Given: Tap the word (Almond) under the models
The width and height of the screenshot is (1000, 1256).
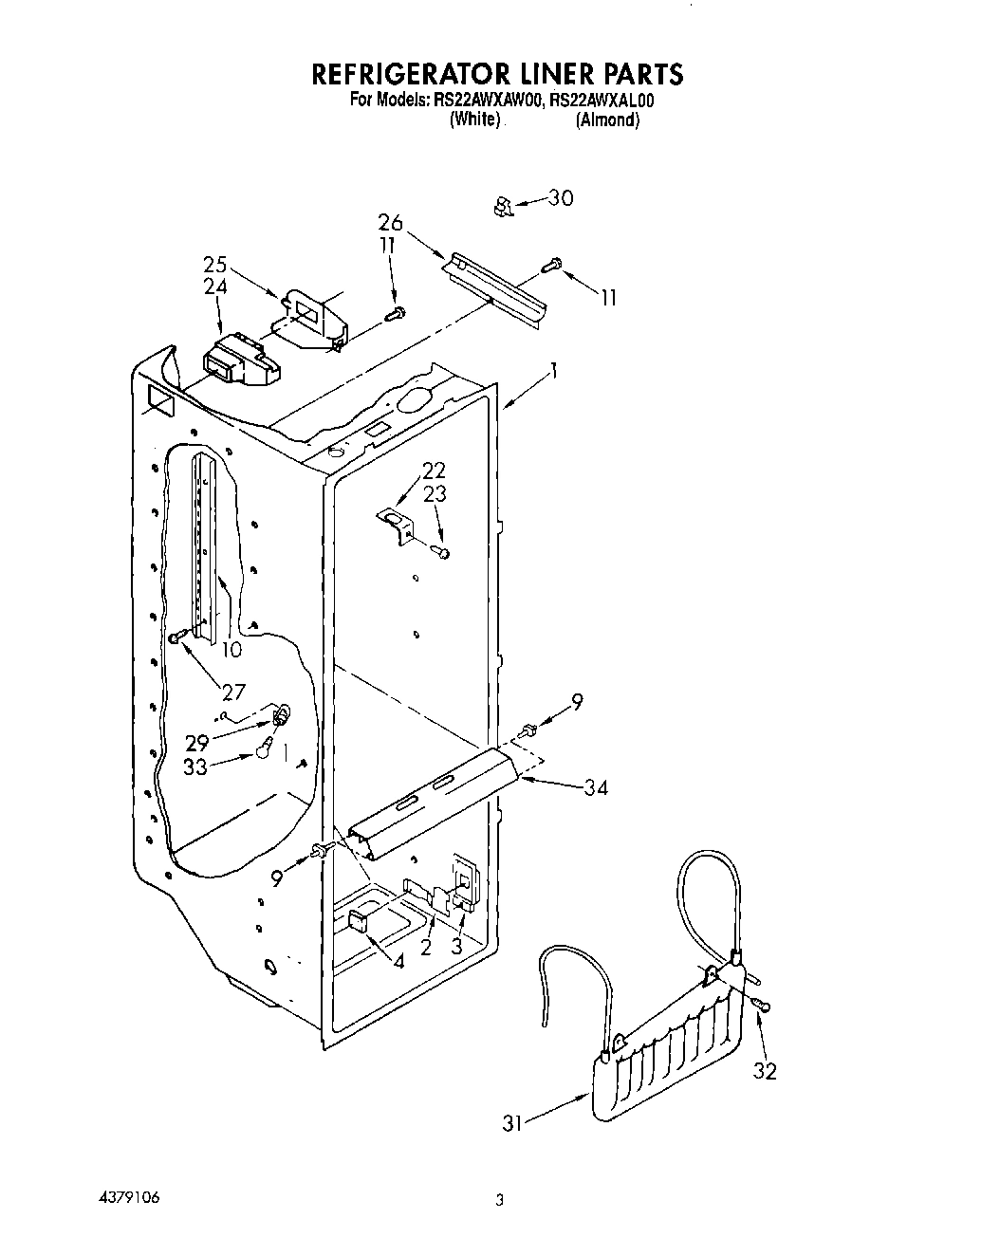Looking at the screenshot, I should (x=607, y=120).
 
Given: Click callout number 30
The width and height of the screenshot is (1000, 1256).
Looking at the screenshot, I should (x=561, y=198).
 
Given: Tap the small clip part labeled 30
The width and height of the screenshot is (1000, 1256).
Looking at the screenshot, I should (x=504, y=206).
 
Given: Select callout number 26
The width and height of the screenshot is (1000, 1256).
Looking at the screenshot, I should (x=390, y=224).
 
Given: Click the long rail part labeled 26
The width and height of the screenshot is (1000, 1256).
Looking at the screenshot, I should (x=496, y=293).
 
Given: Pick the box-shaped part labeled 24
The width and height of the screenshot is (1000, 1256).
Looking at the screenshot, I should (x=239, y=362).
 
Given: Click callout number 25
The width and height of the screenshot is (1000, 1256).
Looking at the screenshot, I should (x=214, y=265).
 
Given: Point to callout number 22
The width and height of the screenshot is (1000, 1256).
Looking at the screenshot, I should (x=434, y=471).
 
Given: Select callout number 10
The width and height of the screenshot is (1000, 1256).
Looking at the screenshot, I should (x=231, y=649).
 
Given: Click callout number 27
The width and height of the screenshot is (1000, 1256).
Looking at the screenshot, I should (x=233, y=692).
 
